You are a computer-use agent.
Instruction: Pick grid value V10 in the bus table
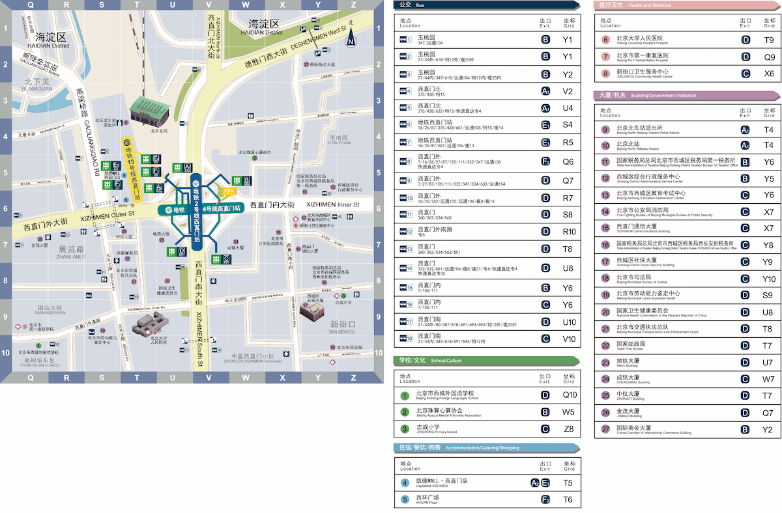(x=568, y=339)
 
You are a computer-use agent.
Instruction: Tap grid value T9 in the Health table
(x=769, y=40)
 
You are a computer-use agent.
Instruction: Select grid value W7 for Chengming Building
(x=769, y=378)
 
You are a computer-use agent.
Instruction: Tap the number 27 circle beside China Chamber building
(x=605, y=429)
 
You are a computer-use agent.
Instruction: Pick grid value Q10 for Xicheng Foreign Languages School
(x=569, y=395)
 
